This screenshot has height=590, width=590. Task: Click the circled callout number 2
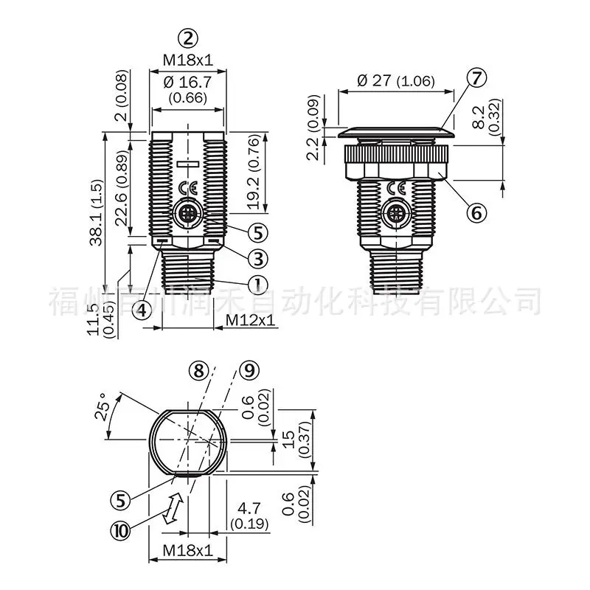[x=188, y=39]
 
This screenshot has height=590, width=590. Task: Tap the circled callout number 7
[x=476, y=78]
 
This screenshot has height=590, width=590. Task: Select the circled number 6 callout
[x=476, y=213]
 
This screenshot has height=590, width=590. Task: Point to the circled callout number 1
[x=258, y=284]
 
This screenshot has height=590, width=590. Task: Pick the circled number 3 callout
[x=258, y=259]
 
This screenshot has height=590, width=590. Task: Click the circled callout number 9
[x=249, y=370]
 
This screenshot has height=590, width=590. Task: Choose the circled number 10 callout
[x=120, y=531]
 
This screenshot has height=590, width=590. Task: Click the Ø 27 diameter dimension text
[x=396, y=80]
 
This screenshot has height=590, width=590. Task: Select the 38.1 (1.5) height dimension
[x=97, y=212]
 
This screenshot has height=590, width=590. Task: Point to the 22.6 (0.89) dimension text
[x=122, y=188]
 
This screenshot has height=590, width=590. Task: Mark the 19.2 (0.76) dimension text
[x=254, y=172]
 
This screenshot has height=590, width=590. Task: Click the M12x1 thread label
[x=250, y=320]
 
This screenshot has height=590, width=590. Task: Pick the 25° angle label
[x=102, y=406]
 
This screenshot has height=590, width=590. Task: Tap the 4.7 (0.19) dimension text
[x=249, y=516]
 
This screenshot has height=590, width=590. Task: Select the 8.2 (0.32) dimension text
[x=486, y=117]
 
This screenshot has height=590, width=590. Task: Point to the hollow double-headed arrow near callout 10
[x=173, y=508]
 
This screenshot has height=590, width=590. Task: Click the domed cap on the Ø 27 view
[x=396, y=133]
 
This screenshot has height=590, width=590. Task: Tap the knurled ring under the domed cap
[x=396, y=153]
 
